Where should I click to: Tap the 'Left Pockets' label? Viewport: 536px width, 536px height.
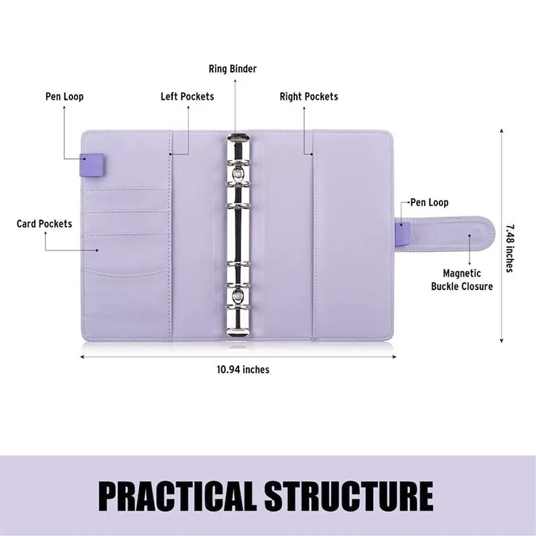pyautogui.click(x=187, y=96)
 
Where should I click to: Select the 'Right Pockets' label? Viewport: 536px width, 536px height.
pyautogui.click(x=309, y=96)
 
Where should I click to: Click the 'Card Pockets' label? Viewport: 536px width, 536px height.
pyautogui.click(x=44, y=223)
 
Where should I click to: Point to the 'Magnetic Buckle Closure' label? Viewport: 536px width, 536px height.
pyautogui.click(x=468, y=280)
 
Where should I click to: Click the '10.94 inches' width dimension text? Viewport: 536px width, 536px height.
pyautogui.click(x=243, y=369)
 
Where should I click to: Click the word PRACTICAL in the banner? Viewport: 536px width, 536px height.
pyautogui.click(x=178, y=496)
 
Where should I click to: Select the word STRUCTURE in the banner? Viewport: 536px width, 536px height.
pyautogui.click(x=348, y=496)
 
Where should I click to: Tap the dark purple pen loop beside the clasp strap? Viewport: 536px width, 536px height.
pyautogui.click(x=402, y=234)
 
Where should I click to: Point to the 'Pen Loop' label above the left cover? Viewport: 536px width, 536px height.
pyautogui.click(x=64, y=96)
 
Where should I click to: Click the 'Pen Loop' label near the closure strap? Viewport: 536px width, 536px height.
pyautogui.click(x=429, y=202)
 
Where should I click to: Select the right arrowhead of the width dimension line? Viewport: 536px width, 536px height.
pyautogui.click(x=393, y=357)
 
